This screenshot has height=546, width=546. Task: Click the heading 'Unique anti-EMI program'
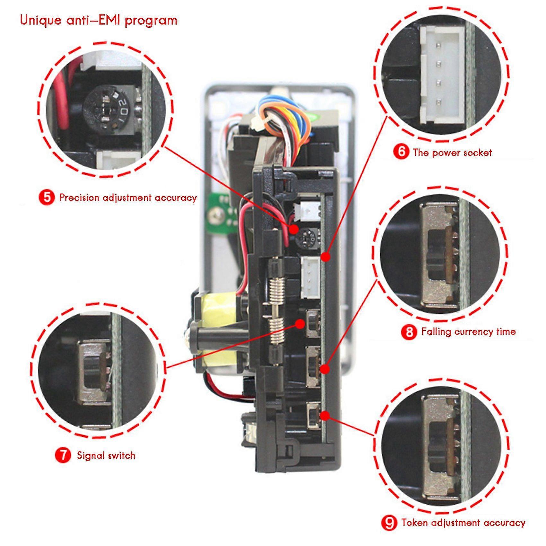(99, 20)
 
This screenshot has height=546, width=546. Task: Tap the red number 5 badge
(47, 197)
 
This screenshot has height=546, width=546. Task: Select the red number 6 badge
(401, 152)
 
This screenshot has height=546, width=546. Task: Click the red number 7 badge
(63, 455)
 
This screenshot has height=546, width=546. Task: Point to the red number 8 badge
(409, 331)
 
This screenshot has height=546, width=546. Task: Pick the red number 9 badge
(389, 523)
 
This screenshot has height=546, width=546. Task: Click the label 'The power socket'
(452, 152)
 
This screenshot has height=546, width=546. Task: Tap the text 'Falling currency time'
(468, 331)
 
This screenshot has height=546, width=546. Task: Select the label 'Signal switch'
(106, 455)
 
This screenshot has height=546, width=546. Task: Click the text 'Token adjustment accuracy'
(463, 523)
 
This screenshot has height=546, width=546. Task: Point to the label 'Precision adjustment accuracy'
(128, 197)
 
